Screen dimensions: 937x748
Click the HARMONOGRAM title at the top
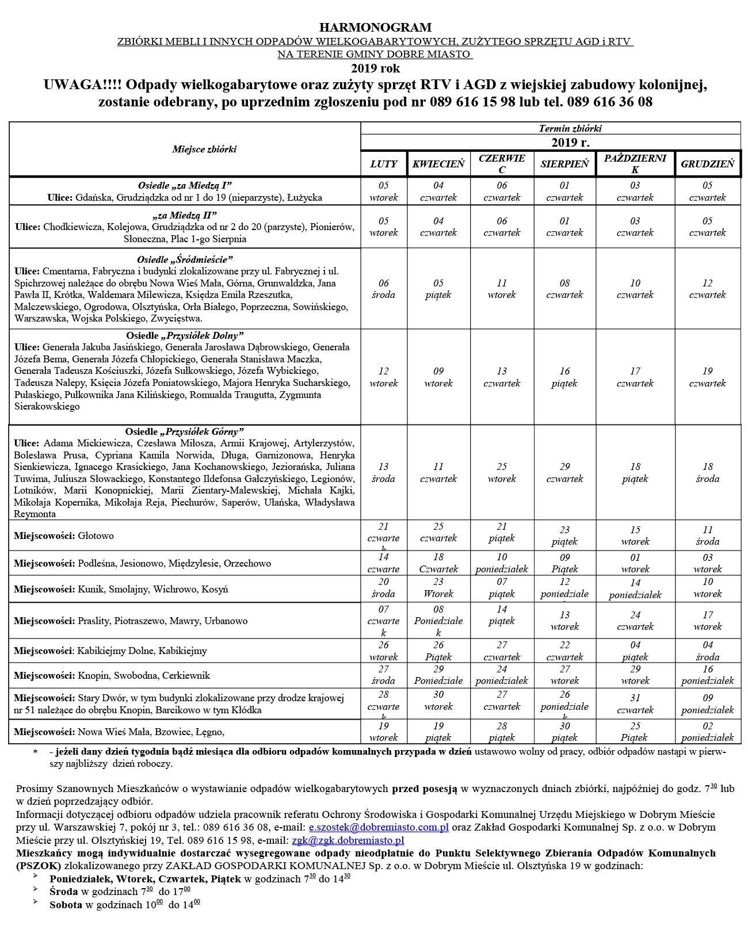375,28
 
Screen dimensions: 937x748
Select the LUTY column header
384,164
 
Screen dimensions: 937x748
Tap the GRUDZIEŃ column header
707,164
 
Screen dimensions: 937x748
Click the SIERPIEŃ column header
564,164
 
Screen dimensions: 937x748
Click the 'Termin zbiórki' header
570,128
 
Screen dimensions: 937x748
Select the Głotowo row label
64,536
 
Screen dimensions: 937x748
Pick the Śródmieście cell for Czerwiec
502,289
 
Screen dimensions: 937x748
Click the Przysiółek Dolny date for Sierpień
564,377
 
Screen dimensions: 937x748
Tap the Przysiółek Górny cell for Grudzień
707,473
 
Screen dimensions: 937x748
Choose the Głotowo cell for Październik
635,536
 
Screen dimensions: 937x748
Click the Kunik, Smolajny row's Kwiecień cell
438,588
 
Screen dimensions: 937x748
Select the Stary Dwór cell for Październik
635,704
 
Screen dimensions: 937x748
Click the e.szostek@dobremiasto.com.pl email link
379,827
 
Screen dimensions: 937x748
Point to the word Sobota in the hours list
66,905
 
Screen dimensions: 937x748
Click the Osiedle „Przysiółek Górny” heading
185,431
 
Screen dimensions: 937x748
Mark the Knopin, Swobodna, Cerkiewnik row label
112,675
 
